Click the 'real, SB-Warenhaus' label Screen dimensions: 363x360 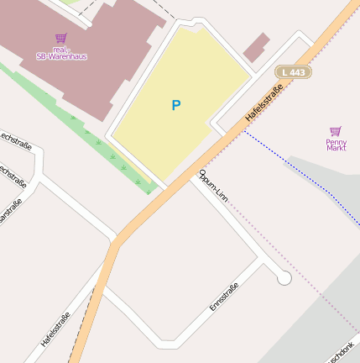(61, 53)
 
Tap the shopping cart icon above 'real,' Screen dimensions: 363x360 (60, 38)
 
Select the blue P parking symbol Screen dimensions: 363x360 (175, 105)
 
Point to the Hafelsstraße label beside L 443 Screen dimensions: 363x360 (263, 104)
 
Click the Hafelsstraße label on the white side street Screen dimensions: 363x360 (55, 329)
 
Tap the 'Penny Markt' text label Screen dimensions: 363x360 (336, 145)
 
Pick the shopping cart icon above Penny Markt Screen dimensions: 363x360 (336, 130)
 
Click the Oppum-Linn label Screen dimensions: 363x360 (213, 187)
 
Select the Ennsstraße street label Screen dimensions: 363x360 (224, 297)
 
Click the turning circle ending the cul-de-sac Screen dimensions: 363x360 (284, 277)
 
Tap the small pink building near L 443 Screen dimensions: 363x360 (257, 47)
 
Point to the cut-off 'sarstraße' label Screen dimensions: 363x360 (10, 210)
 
